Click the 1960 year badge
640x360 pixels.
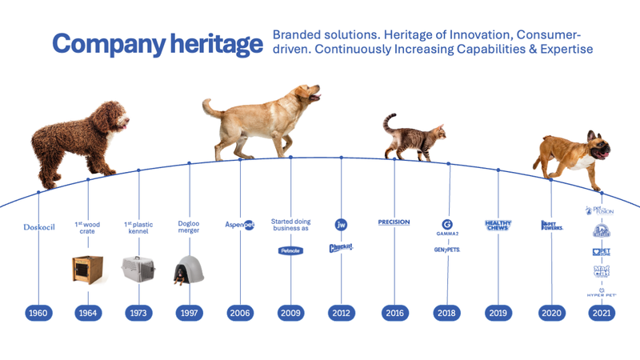(x=38, y=313)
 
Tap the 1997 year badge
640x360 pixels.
(x=189, y=313)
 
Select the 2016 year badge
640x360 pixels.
(x=394, y=313)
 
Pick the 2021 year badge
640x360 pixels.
(x=602, y=313)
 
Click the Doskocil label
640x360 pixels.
(x=38, y=227)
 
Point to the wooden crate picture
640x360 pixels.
(x=87, y=270)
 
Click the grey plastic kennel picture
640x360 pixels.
(x=138, y=270)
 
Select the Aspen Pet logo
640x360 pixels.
(x=240, y=225)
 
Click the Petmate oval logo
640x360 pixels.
(x=290, y=251)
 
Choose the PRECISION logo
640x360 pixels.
(x=394, y=222)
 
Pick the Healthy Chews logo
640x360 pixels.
(x=498, y=225)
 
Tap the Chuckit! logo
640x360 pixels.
(x=342, y=248)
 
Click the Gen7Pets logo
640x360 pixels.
(x=447, y=250)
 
